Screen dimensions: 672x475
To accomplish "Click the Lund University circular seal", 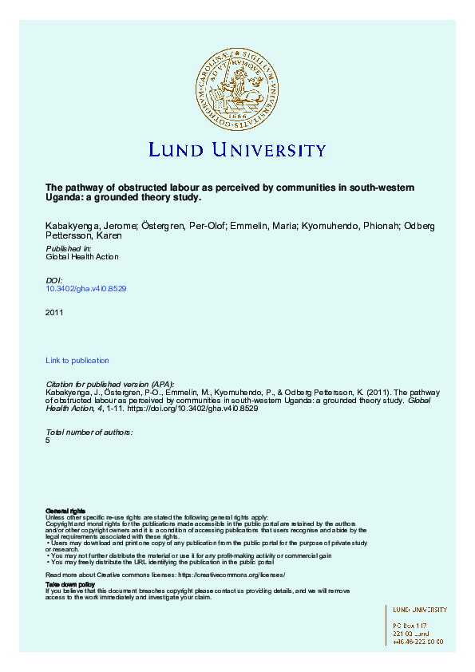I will coord(237,86).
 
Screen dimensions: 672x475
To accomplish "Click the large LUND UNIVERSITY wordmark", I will coord(237,150).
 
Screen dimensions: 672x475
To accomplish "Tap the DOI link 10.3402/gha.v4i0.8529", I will coord(86,288).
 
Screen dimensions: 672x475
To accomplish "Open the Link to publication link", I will coord(77,361).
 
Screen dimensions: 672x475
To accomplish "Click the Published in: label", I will coord(68,249).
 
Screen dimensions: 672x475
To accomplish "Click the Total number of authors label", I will coord(89,432).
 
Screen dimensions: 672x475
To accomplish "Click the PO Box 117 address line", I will coord(410,624).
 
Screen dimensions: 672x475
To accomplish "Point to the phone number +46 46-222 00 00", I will coord(418,641).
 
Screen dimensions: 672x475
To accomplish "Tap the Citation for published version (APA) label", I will coord(110,385).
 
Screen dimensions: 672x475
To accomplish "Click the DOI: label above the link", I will coord(55,280).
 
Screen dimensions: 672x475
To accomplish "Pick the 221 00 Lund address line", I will coord(412,633).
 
